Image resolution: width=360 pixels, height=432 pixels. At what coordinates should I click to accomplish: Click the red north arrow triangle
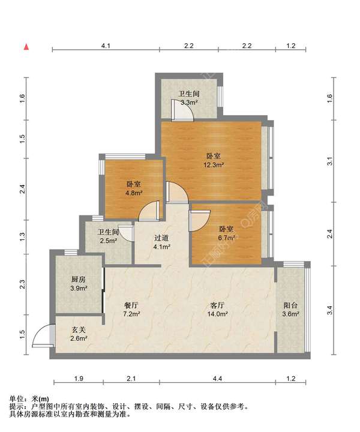tap(26, 47)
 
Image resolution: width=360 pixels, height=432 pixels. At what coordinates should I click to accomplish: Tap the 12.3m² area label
tap(214, 165)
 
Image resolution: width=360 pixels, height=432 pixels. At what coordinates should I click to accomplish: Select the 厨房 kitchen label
tap(79, 280)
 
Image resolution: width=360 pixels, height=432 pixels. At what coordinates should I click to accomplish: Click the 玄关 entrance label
tap(79, 329)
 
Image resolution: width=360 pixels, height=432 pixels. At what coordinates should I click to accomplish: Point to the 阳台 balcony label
tap(290, 305)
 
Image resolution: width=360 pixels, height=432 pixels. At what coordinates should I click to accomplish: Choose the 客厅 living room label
tap(217, 305)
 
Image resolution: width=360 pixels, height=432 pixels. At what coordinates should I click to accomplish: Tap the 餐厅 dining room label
tap(131, 305)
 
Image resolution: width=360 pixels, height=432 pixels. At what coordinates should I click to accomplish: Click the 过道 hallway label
tap(161, 238)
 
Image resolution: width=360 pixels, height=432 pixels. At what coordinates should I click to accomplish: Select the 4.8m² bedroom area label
tap(134, 193)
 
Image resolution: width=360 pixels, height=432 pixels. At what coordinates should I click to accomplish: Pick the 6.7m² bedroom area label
tap(226, 238)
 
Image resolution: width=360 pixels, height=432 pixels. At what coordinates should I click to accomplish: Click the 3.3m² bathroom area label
tap(189, 103)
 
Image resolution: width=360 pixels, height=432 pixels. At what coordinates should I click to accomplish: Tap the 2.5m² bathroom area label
tap(108, 241)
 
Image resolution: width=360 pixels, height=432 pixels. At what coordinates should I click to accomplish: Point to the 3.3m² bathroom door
tap(182, 110)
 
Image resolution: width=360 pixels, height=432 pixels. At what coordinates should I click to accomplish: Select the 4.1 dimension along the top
tap(106, 46)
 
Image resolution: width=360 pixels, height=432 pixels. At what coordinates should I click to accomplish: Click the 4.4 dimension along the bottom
tap(217, 379)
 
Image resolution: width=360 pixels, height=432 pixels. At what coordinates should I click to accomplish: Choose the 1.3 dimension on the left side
tap(22, 236)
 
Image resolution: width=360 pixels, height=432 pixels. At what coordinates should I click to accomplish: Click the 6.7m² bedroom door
tap(200, 220)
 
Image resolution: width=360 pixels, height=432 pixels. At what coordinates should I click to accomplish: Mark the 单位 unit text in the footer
tap(16, 398)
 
